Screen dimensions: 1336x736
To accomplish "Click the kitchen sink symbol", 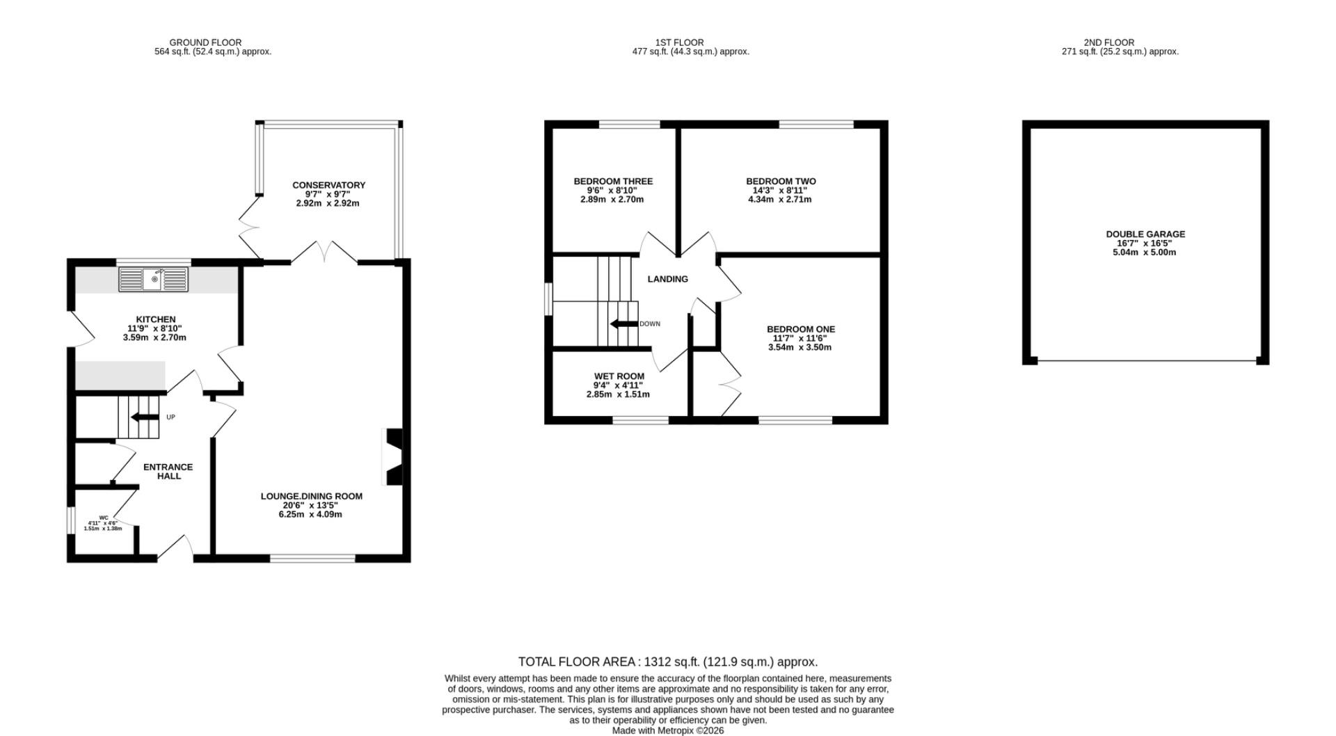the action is tap(154, 280).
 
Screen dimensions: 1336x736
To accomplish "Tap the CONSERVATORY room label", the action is tap(328, 185).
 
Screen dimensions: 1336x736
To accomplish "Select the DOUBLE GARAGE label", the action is tap(1145, 234).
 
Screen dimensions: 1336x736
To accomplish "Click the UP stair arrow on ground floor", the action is tap(144, 417).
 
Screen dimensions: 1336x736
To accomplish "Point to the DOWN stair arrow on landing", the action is tap(624, 323).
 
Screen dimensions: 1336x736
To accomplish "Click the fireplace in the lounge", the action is tap(393, 456).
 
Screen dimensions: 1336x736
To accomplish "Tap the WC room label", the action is tap(104, 518).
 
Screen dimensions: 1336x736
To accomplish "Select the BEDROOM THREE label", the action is tap(613, 182).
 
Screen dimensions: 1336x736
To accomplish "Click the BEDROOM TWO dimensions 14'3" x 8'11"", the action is tap(780, 191).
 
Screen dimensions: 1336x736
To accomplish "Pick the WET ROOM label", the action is tap(619, 376).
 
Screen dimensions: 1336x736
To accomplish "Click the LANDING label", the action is tap(668, 279).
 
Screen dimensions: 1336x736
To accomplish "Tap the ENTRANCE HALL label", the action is tap(168, 472).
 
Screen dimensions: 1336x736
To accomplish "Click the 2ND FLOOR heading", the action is tap(1119, 42).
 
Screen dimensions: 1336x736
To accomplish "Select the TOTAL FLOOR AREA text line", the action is tap(668, 662).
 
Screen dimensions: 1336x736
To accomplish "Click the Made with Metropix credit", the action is tap(668, 730).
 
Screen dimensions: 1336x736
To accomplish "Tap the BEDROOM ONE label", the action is tap(801, 330).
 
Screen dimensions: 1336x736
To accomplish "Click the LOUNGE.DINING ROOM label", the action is tap(312, 497).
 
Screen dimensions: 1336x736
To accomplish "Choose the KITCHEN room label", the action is tap(156, 320).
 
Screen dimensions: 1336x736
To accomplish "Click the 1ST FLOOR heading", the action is tap(679, 42).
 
